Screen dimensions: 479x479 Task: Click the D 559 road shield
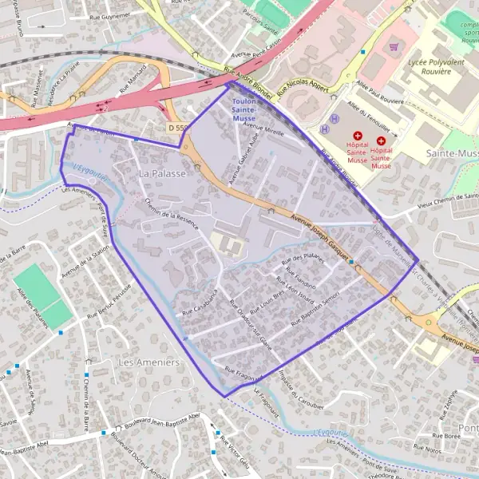click(180, 127)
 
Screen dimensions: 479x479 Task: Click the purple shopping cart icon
click(393, 46)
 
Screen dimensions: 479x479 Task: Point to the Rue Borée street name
click(448, 436)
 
